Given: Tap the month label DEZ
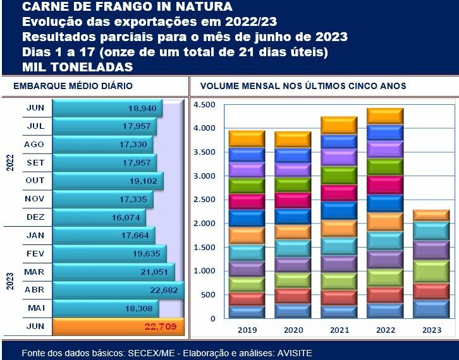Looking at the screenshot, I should coord(35,217).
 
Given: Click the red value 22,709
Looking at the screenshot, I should coord(164,327).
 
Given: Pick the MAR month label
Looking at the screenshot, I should coord(35,272).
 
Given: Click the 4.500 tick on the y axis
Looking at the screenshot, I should coord(204,105).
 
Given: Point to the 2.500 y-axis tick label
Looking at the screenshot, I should coord(204,200).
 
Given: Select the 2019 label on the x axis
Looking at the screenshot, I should coord(247,330).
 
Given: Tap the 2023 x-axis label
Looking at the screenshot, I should coord(431,330).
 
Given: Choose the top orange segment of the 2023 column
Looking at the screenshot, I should coord(431,215).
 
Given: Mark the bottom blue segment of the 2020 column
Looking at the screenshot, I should coord(293,311).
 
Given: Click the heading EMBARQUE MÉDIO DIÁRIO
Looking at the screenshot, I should coord(73,86).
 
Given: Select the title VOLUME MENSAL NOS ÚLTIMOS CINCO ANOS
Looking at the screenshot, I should coord(303,86).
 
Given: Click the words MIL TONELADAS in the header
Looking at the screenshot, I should coord(78,66).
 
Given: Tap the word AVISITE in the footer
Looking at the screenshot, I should coord(295,352).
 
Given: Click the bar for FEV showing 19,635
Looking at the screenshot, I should coord(109,254).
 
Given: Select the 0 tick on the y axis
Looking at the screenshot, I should coord(212,318).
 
